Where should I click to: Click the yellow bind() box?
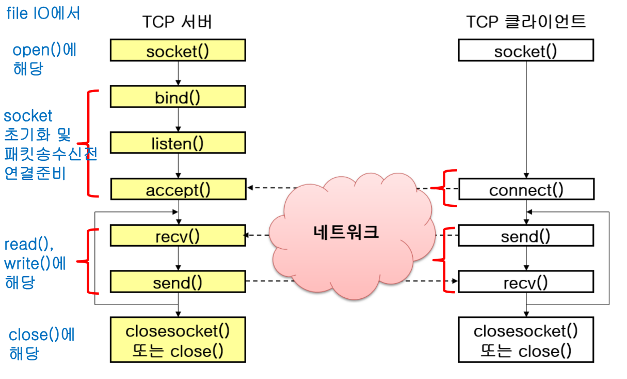(178, 97)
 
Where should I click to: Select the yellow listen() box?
(178, 143)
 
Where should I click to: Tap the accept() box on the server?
(178, 190)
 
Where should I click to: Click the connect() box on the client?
(526, 190)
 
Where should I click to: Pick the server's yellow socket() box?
(178, 51)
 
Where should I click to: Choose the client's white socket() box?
(526, 51)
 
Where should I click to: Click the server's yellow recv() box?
(178, 236)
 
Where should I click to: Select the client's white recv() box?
(526, 282)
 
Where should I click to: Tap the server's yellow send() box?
(178, 282)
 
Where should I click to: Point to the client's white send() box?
(526, 236)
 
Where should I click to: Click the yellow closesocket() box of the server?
(178, 340)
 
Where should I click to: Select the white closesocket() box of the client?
(526, 340)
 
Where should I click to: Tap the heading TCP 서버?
(177, 22)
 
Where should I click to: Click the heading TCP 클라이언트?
(526, 22)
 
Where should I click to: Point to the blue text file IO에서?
(43, 12)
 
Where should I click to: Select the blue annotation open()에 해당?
(44, 59)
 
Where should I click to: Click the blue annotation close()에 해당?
(42, 344)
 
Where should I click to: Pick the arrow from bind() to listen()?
(178, 119)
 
